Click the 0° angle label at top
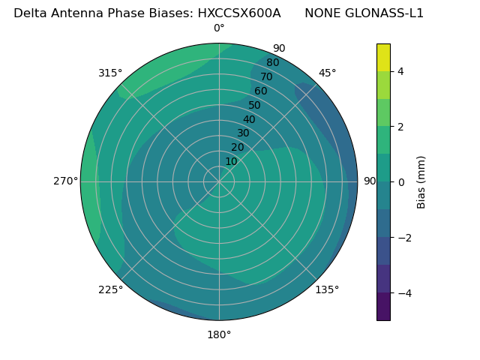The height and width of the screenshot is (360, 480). point(219,28)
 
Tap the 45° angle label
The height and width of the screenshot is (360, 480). point(327,73)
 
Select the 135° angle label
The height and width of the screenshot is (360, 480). point(327,289)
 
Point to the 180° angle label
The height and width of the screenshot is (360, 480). point(219,334)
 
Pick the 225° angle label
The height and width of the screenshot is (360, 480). point(110,289)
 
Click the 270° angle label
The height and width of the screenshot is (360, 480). point(65,181)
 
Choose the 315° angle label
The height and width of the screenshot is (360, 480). point(110,73)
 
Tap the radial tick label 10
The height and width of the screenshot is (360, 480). point(231,161)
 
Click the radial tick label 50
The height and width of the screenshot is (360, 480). point(255,105)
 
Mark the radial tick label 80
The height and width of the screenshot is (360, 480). point(273,63)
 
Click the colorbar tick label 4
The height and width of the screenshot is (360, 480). point(400,71)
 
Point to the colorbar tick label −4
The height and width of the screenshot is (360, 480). point(403,292)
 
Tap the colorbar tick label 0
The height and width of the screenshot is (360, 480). point(400,181)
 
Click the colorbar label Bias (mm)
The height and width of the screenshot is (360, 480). point(421,181)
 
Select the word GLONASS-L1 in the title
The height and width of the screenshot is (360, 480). point(385,13)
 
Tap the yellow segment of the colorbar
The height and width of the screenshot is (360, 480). point(383,57)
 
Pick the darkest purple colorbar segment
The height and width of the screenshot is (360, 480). point(383,306)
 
